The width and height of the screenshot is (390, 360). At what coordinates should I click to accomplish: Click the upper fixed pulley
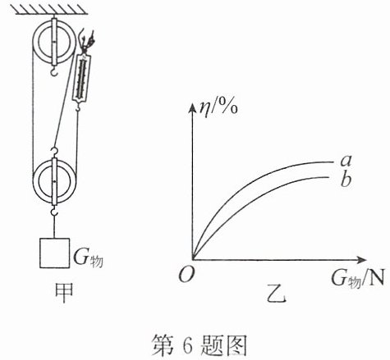(x=54, y=42)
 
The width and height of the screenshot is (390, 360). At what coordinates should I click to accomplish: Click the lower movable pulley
(x=54, y=181)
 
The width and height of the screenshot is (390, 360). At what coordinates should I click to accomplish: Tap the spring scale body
(x=82, y=78)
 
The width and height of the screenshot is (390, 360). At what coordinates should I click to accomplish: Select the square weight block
(x=54, y=253)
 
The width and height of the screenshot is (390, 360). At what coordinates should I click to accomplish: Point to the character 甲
(x=64, y=293)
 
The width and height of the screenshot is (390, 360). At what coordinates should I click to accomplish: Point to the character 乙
(x=277, y=294)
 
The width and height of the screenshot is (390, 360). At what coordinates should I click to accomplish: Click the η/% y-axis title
(x=218, y=108)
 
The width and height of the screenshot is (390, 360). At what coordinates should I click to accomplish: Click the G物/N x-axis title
(x=358, y=279)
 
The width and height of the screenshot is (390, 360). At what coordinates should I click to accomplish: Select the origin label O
(x=186, y=274)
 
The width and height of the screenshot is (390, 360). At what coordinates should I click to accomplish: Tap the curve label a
(x=346, y=161)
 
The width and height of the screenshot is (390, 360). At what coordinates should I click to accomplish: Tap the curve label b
(x=346, y=180)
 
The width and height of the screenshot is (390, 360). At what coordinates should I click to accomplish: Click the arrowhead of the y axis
(x=193, y=108)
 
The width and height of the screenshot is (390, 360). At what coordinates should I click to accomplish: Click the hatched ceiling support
(x=49, y=10)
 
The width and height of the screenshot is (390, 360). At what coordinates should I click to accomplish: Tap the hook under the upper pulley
(x=54, y=71)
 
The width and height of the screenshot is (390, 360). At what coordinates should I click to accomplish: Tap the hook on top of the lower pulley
(x=54, y=153)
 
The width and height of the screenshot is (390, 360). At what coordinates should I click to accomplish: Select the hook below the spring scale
(x=78, y=107)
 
